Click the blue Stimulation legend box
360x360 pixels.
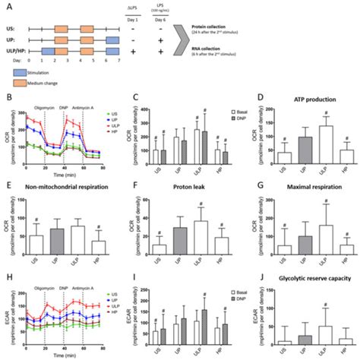23,72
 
